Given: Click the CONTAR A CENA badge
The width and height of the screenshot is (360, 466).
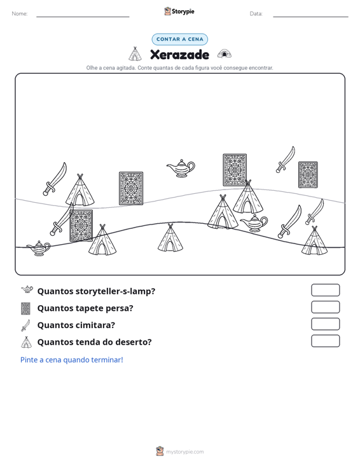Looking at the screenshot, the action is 179,39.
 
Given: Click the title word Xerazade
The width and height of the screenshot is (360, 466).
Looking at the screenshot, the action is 179,55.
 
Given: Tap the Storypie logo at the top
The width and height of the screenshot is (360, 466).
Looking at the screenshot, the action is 179,11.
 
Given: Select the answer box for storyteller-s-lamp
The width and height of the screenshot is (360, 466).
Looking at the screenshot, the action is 325,290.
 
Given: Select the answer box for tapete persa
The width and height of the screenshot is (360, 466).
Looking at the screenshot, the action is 325,307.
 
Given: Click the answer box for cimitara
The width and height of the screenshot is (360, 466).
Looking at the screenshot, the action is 325,324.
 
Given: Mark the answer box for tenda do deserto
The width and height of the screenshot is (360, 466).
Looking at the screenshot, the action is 325,341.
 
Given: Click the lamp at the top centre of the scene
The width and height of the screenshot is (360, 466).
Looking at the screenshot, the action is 181,168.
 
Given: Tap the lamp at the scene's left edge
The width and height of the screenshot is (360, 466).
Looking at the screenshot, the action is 39,248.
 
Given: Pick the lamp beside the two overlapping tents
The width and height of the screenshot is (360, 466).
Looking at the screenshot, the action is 254,223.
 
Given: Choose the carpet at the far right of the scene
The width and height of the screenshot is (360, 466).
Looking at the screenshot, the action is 308,175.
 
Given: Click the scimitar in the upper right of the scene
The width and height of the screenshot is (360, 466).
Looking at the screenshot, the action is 286,160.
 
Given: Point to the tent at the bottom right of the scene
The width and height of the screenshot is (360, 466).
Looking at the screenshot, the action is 314,241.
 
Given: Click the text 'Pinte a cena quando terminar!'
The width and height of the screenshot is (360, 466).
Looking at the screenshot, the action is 72,360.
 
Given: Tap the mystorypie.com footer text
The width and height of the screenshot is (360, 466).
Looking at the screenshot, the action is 185,452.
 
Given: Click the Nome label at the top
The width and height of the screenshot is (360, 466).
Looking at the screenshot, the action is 20,14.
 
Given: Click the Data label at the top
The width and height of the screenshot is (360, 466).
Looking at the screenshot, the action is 256,14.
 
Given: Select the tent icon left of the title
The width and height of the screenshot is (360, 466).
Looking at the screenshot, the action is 135,54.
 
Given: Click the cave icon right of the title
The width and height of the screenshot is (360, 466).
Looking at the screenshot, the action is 224,54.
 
